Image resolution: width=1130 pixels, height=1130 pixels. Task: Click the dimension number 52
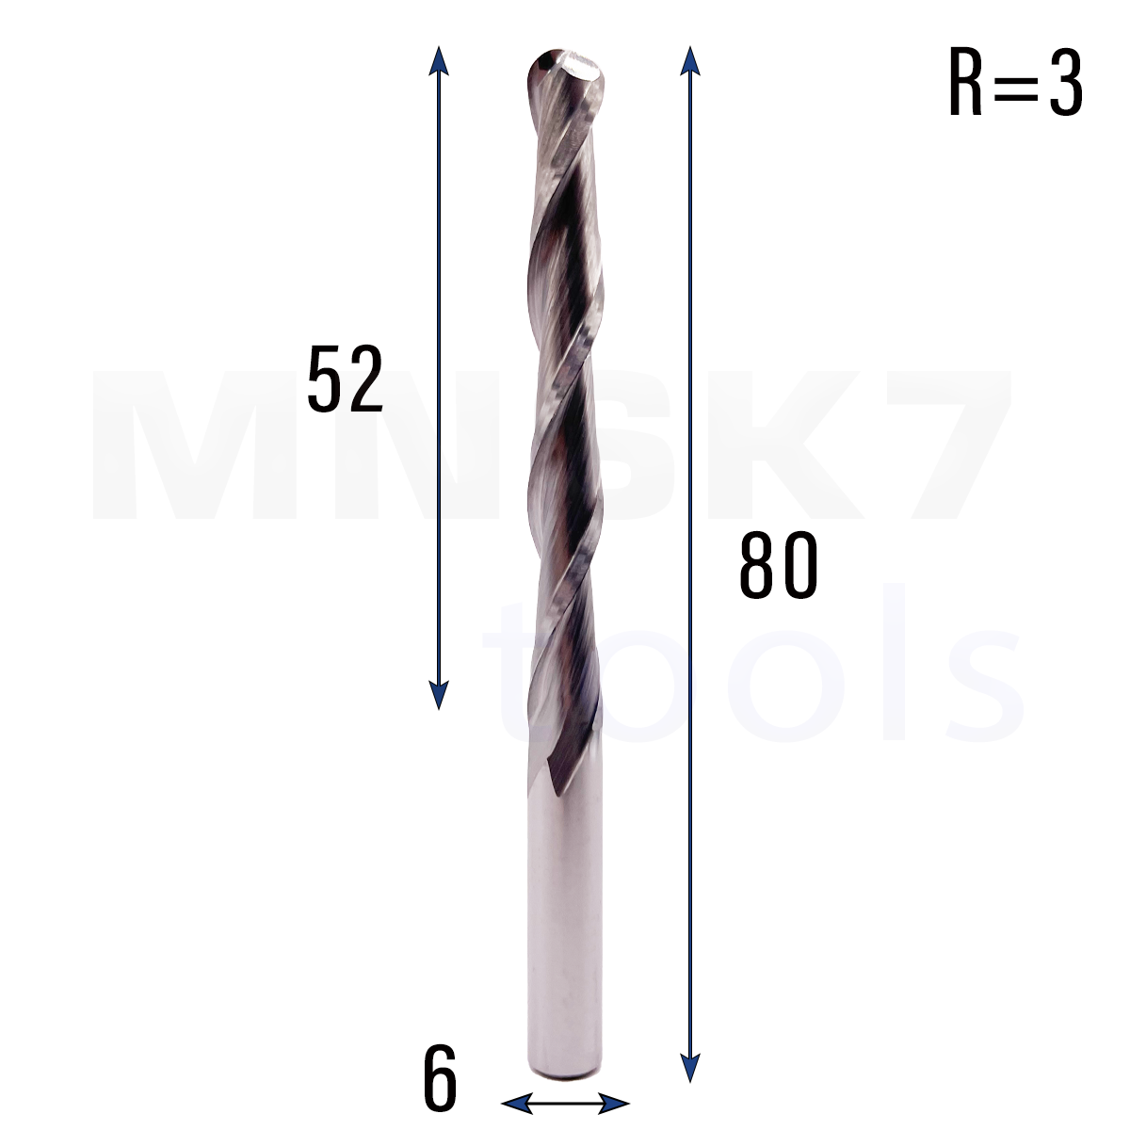(346, 379)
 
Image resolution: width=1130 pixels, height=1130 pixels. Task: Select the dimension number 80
(778, 565)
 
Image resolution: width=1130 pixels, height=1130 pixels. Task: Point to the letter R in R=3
(965, 82)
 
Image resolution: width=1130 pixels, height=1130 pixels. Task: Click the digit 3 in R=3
(1065, 82)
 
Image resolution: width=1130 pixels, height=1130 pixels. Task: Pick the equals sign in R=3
(1016, 85)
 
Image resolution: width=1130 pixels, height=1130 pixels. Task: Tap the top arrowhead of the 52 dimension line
(439, 61)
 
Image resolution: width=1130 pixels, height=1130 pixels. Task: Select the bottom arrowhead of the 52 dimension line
(439, 695)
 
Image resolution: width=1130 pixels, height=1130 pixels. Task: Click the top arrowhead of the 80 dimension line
(690, 61)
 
